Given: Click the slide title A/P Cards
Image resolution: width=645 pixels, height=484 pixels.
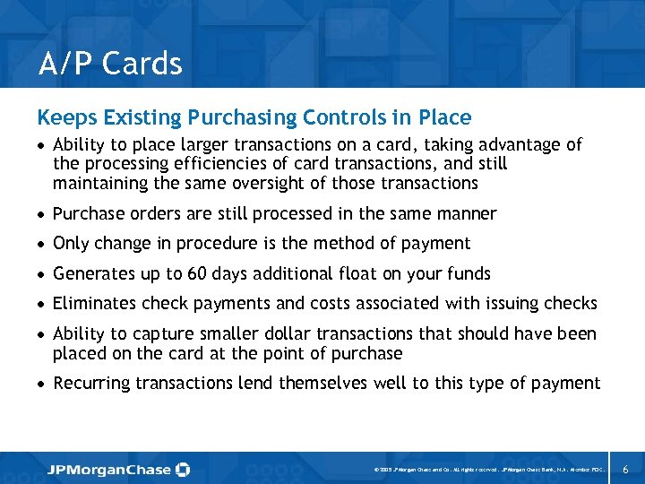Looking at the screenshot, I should point(110,64).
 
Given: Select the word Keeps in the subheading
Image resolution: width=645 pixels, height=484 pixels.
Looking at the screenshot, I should point(62,117).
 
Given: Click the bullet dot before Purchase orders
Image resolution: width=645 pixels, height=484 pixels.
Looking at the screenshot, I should point(41,215).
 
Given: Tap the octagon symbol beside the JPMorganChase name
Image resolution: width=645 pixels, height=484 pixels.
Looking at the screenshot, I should point(183,469).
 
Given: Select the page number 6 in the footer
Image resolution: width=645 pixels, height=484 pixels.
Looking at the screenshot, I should point(625,469).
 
